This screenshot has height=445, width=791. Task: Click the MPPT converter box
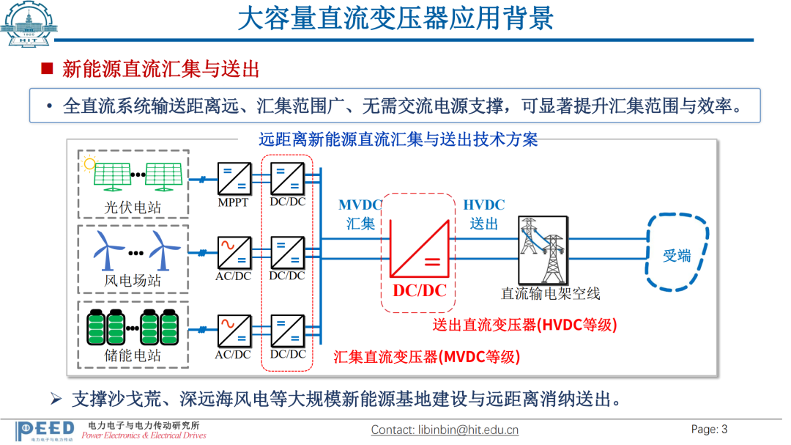[234, 179]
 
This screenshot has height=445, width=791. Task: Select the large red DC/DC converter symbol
[419, 248]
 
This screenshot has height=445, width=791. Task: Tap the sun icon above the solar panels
[89, 163]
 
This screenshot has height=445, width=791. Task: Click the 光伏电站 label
[132, 207]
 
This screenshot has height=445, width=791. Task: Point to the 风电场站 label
[132, 280]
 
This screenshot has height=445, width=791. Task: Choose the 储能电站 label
[132, 355]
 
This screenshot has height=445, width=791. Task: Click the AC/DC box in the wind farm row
[234, 253]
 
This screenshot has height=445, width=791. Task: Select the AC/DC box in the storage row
[234, 331]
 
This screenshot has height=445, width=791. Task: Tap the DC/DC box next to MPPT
[288, 179]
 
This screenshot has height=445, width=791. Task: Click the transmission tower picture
[543, 250]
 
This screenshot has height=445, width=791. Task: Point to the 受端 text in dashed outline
[677, 256]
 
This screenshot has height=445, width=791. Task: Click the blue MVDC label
[360, 205]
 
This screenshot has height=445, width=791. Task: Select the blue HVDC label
[484, 205]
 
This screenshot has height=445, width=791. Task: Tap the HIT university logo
[29, 23]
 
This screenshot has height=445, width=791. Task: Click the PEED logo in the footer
[45, 431]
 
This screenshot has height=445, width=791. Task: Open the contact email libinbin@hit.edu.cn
[445, 430]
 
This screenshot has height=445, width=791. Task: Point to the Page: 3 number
[709, 430]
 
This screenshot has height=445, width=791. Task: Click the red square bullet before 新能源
[48, 68]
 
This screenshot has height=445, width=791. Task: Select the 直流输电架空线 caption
[550, 293]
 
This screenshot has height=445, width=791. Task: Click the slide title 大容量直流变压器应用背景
[395, 18]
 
